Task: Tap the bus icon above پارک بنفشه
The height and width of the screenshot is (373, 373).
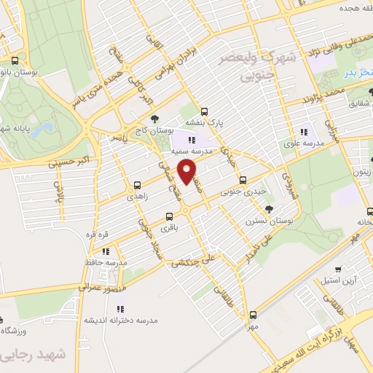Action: (x=205, y=112)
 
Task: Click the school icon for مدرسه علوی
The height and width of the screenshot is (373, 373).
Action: (x=304, y=133)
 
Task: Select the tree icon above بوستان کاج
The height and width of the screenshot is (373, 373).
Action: (x=154, y=119)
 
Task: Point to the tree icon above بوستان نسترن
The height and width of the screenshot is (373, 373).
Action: (x=269, y=209)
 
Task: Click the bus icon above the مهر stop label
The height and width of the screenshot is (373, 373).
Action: (x=253, y=315)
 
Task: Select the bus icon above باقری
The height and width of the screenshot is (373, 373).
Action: (x=170, y=216)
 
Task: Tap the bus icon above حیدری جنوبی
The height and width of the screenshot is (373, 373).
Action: (x=243, y=180)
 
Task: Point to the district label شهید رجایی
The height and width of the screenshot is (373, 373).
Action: (x=30, y=356)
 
